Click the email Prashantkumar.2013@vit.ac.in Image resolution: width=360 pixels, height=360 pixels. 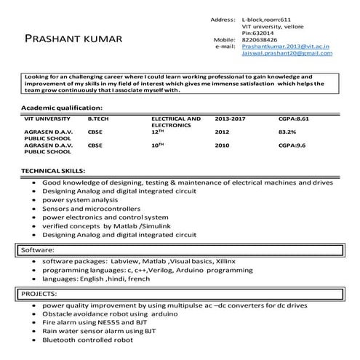pyautogui.click(x=286, y=45)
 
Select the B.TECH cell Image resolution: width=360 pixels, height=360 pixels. pyautogui.click(x=98, y=117)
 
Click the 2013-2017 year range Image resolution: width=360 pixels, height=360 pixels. pyautogui.click(x=231, y=117)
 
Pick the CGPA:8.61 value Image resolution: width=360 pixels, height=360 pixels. pyautogui.click(x=293, y=117)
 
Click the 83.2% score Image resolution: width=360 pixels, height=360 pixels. pyautogui.click(x=287, y=132)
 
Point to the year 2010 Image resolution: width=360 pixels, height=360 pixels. pyautogui.click(x=222, y=145)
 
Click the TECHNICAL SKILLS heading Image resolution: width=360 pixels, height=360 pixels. pyautogui.click(x=52, y=170)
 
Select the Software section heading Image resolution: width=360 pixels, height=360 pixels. pyautogui.click(x=36, y=250)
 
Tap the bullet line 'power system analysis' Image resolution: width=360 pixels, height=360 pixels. pyautogui.click(x=79, y=199)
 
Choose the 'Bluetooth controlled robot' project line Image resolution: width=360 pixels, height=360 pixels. pyautogui.click(x=88, y=340)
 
